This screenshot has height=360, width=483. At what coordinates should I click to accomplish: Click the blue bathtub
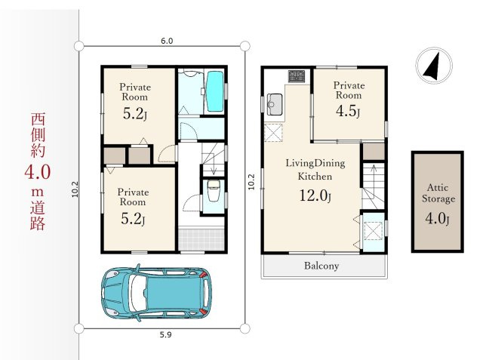pyautogui.click(x=214, y=91)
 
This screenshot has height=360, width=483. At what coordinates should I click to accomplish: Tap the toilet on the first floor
pyautogui.click(x=214, y=190)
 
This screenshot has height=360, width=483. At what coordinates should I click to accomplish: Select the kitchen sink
pyautogui.click(x=274, y=104)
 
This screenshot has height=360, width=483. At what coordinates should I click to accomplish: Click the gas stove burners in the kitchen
pyautogui.click(x=297, y=76)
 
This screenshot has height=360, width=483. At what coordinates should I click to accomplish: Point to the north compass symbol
pyautogui.click(x=434, y=66)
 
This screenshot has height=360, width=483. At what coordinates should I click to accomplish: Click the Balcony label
pyautogui.click(x=321, y=266)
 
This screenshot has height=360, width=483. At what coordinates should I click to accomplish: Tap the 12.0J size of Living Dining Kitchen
pyautogui.click(x=315, y=195)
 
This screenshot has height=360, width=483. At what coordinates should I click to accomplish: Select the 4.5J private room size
pyautogui.click(x=348, y=111)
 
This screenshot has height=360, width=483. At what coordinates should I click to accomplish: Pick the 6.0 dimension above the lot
pyautogui.click(x=167, y=41)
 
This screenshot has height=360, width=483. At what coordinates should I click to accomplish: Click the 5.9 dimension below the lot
pyautogui.click(x=166, y=335)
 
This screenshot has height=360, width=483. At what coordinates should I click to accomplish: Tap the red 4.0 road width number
pyautogui.click(x=37, y=173)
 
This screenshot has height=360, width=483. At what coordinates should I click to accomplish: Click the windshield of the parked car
pyautogui.click(x=137, y=292)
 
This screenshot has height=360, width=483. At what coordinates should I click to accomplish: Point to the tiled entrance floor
pyautogui.click(x=202, y=238)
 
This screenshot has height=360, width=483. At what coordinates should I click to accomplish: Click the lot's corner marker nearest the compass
pyautogui.click(x=245, y=46)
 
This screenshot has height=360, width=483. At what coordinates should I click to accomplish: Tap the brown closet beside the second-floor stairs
pyautogui.click(x=374, y=151)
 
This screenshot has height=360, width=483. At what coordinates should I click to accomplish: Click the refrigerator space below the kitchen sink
pyautogui.click(x=273, y=132)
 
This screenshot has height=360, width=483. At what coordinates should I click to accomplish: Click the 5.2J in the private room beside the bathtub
pyautogui.click(x=134, y=114)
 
